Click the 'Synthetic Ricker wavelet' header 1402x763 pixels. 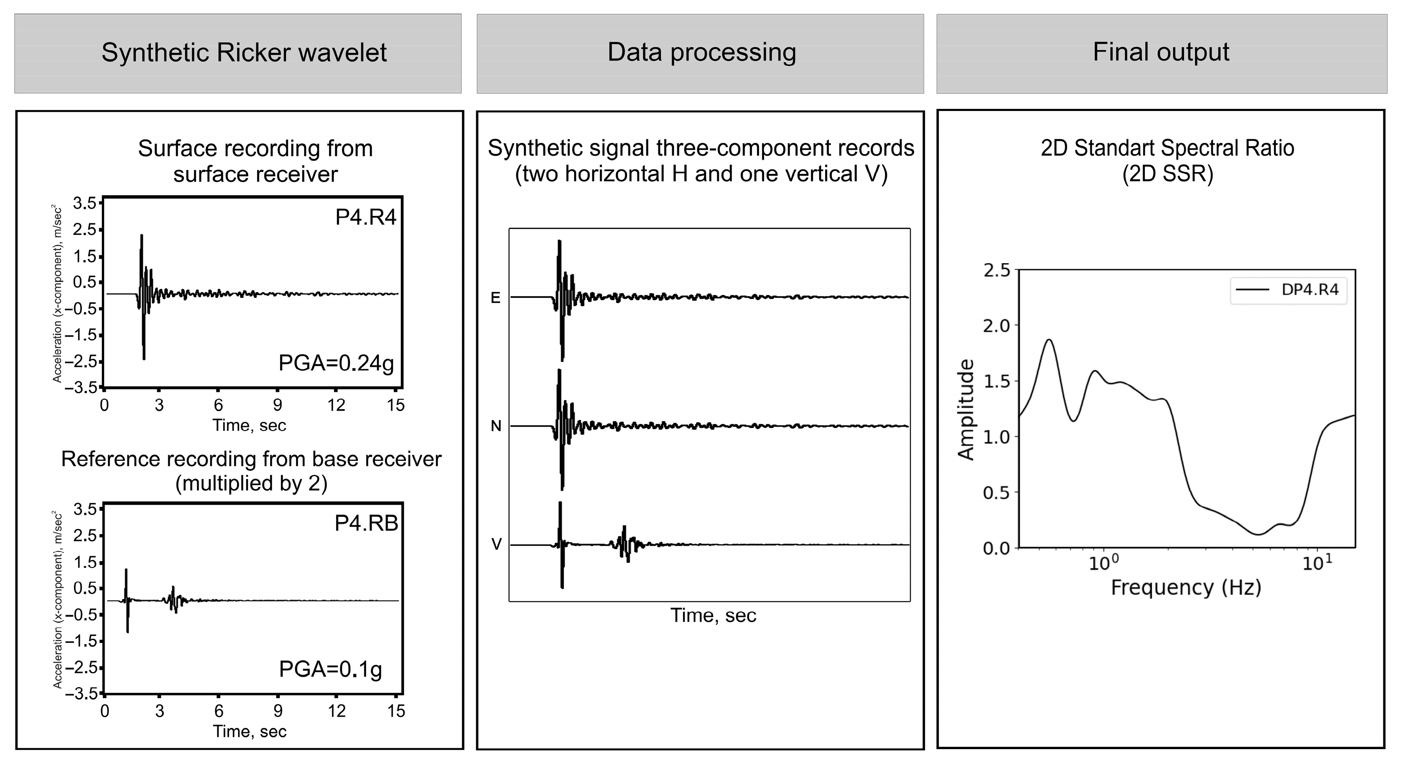point(244,53)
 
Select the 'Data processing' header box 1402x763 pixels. point(701,53)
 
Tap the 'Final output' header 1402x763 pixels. point(1160,53)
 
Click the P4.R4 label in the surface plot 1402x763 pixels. point(366,217)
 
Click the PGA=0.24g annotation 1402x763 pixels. point(336,363)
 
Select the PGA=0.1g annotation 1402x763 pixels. point(330,669)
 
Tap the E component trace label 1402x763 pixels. point(495,298)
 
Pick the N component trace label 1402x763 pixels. point(495,426)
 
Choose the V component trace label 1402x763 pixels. point(496,544)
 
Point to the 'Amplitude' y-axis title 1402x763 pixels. point(966,409)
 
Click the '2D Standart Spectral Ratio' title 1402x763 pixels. point(1167,148)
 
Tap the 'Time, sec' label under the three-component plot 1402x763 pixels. point(713,616)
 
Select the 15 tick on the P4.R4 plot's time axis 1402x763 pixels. point(395,405)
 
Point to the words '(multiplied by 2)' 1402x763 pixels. point(251,483)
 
